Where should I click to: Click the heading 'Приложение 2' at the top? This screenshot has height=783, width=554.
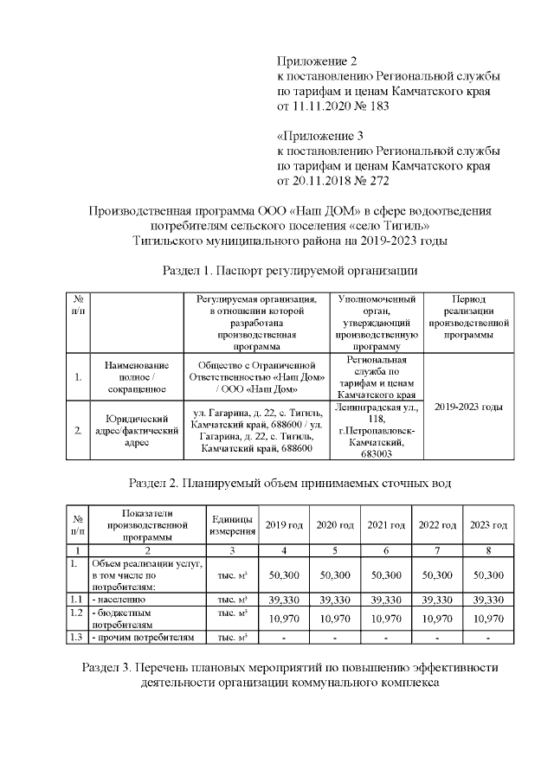pyautogui.click(x=317, y=61)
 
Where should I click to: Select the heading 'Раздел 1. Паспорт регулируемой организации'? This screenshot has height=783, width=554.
pyautogui.click(x=290, y=270)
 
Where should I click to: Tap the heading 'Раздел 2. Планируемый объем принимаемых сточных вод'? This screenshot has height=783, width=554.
pyautogui.click(x=290, y=482)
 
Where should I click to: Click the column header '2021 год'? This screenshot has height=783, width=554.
pyautogui.click(x=386, y=525)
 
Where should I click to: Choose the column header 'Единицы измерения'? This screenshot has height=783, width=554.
pyautogui.click(x=232, y=524)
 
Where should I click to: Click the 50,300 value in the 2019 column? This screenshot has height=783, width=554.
pyautogui.click(x=284, y=574)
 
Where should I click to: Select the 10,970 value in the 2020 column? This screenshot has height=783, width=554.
pyautogui.click(x=335, y=618)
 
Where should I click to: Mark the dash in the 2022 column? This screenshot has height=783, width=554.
pyautogui.click(x=437, y=638)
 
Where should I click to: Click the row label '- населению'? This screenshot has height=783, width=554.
pyautogui.click(x=119, y=598)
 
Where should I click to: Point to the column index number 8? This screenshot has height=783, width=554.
pyautogui.click(x=488, y=550)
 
